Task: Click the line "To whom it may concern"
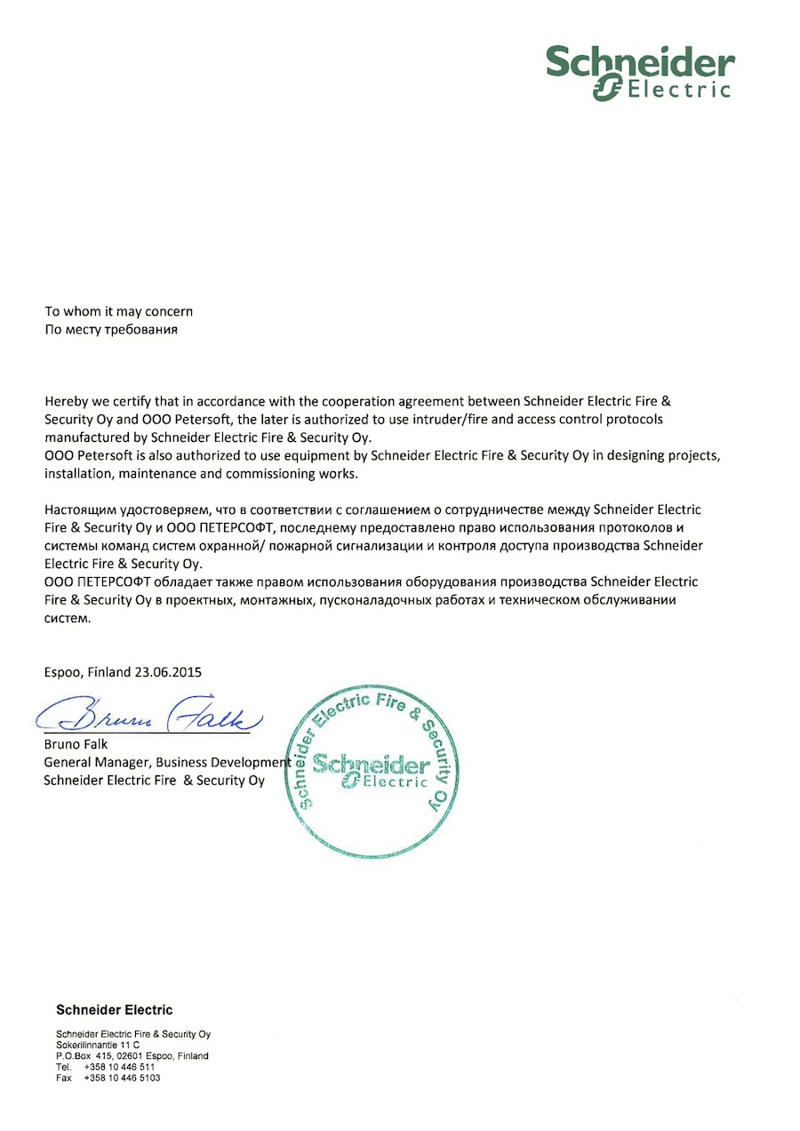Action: (x=119, y=311)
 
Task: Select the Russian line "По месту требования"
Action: (x=112, y=329)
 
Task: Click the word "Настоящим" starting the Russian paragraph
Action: (x=79, y=509)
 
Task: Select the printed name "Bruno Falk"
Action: (x=76, y=744)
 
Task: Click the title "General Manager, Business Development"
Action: (x=167, y=762)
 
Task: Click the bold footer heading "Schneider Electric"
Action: (x=115, y=1009)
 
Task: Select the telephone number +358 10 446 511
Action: (x=120, y=1066)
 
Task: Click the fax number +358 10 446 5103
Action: (x=123, y=1077)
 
